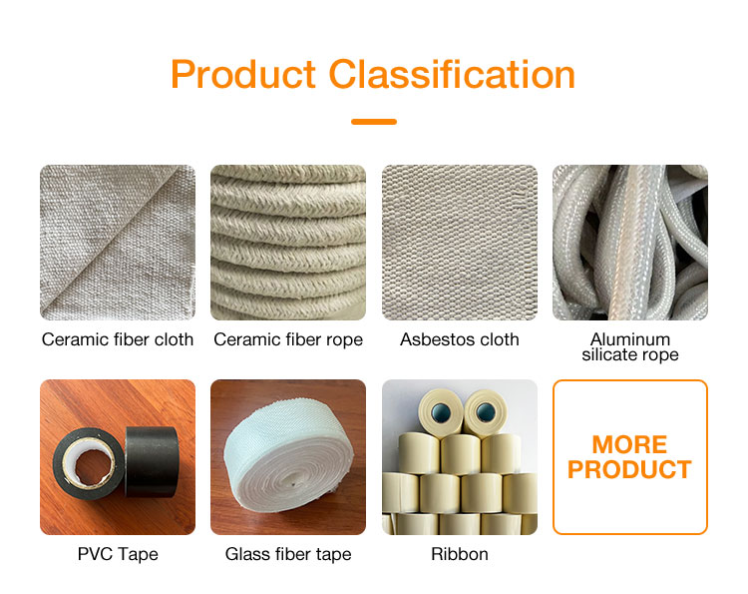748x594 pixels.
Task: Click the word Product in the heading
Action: (x=244, y=75)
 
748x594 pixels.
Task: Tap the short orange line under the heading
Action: (x=374, y=122)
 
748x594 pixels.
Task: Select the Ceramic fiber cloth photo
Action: (x=118, y=243)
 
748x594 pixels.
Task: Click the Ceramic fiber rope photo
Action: (x=288, y=243)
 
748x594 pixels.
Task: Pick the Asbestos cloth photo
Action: (x=460, y=243)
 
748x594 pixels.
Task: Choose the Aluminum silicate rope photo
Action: (x=630, y=243)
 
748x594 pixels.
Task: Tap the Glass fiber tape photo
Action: (x=288, y=457)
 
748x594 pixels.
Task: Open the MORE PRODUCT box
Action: (x=630, y=457)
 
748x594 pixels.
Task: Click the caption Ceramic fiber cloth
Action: (x=118, y=339)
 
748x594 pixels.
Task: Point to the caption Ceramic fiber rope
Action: (x=288, y=339)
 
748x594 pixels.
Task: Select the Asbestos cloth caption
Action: (x=460, y=339)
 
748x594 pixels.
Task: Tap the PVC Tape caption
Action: (x=118, y=553)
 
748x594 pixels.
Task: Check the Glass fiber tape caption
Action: (x=288, y=553)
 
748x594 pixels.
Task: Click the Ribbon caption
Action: (x=460, y=553)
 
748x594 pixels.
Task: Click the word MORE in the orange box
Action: (x=630, y=444)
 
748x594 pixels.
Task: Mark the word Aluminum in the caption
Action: (x=630, y=339)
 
